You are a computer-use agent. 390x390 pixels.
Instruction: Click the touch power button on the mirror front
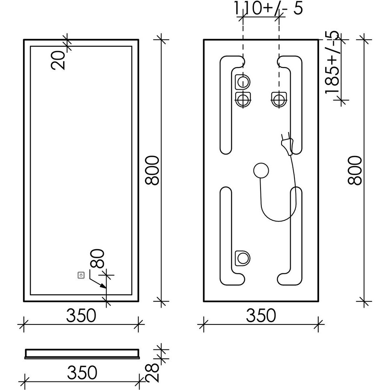[81, 275]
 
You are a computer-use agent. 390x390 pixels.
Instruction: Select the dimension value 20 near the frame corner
[58, 60]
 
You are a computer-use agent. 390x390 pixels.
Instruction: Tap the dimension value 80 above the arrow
[97, 259]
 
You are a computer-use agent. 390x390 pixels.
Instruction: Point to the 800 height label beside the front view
[152, 170]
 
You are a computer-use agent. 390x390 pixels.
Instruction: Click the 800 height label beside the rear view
[355, 170]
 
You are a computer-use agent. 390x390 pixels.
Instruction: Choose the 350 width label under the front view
[81, 315]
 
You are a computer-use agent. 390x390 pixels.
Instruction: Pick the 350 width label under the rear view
[261, 315]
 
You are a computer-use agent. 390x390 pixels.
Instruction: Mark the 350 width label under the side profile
[82, 372]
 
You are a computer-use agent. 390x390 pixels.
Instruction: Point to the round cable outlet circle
[261, 171]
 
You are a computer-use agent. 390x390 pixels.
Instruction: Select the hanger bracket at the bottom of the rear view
[242, 258]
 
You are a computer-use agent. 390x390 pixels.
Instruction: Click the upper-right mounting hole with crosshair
[278, 100]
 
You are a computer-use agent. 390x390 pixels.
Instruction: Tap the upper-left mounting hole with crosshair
[243, 100]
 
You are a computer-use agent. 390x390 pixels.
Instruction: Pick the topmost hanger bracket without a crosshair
[242, 82]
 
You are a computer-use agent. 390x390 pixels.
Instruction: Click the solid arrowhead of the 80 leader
[103, 286]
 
